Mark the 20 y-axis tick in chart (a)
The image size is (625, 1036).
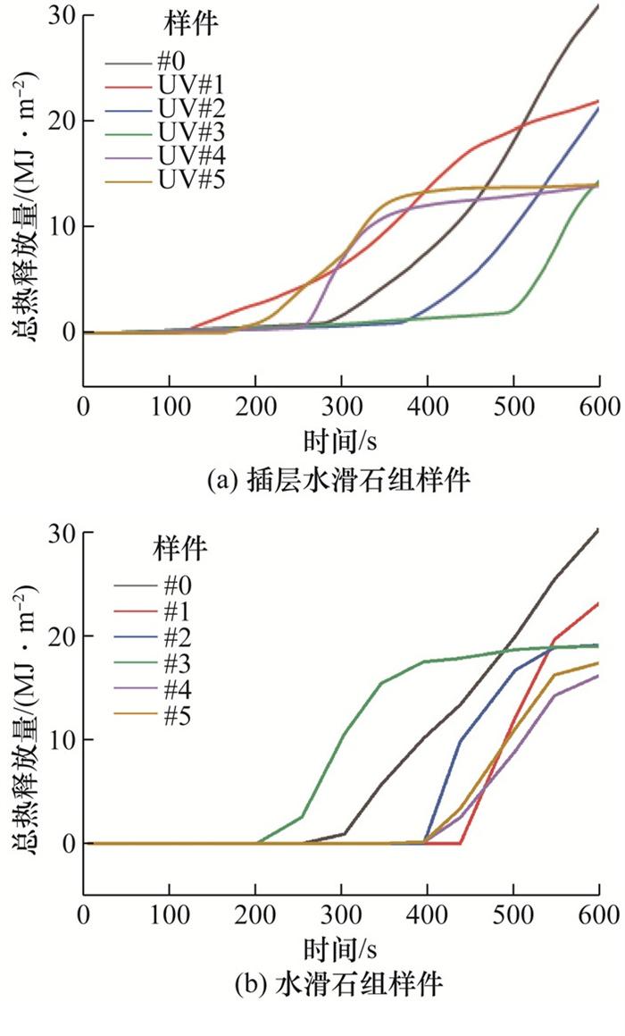click(x=65, y=121)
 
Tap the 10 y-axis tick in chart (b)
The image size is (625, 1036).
click(x=65, y=740)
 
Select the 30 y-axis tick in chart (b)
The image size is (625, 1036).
click(x=65, y=533)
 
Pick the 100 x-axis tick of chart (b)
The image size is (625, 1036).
click(x=169, y=915)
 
